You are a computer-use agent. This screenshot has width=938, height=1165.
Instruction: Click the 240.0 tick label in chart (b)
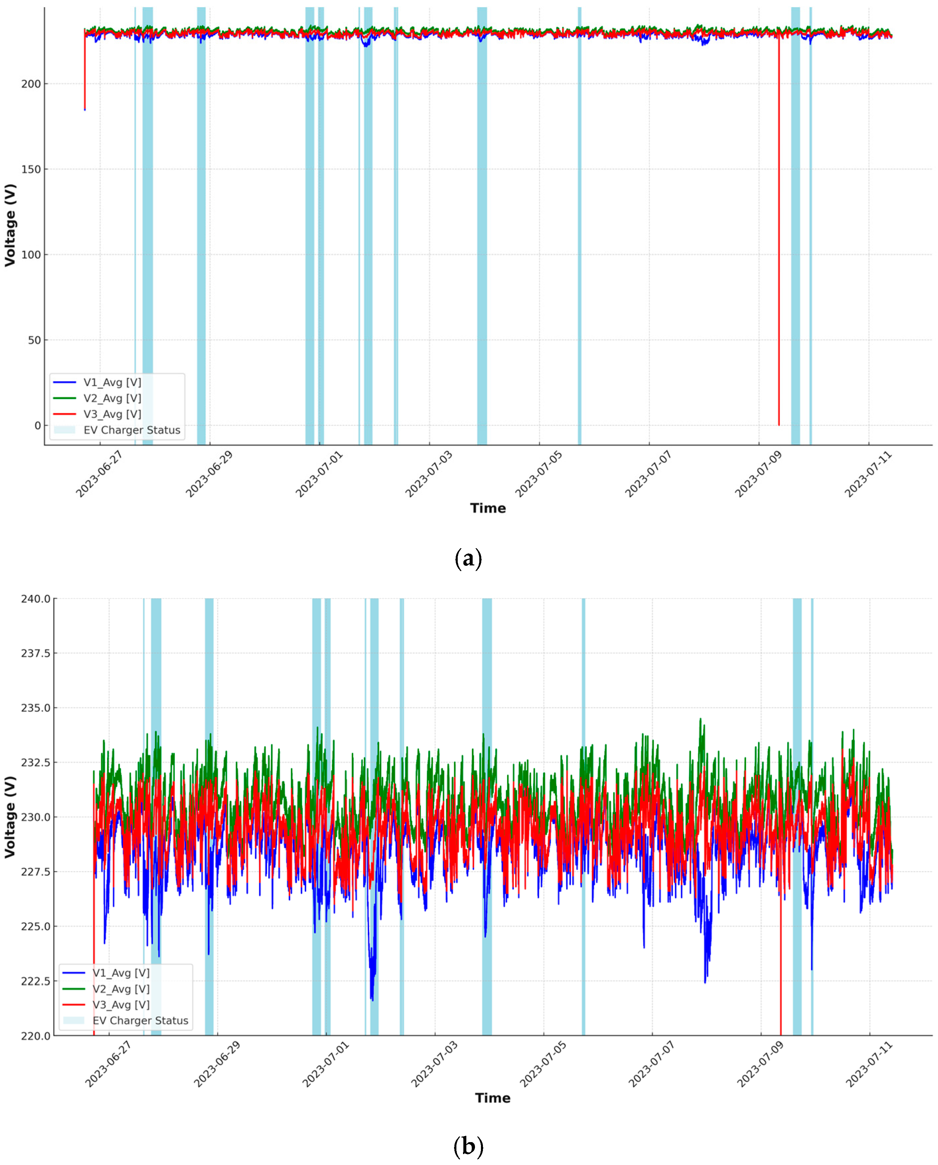36,599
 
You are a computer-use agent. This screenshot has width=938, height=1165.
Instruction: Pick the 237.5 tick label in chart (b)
36,653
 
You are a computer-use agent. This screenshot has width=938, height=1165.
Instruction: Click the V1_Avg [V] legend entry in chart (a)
112,383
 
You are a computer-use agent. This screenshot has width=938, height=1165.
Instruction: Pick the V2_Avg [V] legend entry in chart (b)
121,989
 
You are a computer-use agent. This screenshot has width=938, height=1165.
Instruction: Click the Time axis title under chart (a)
488,508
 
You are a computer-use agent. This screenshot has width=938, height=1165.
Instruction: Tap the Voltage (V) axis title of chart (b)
10,817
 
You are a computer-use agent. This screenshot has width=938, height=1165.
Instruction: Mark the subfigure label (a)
468,558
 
